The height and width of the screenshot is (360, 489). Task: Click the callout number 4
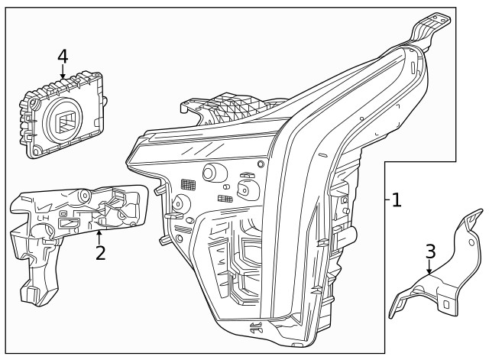coord(63,56)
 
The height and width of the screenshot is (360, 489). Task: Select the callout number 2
coord(100,252)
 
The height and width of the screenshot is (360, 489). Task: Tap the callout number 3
coord(430,251)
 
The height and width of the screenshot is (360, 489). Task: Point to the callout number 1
coord(396,200)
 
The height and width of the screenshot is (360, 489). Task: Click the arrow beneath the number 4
coord(63,73)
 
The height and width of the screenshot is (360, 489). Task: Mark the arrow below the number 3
coord(430,268)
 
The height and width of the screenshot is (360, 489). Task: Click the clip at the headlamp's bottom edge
coord(254,329)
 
